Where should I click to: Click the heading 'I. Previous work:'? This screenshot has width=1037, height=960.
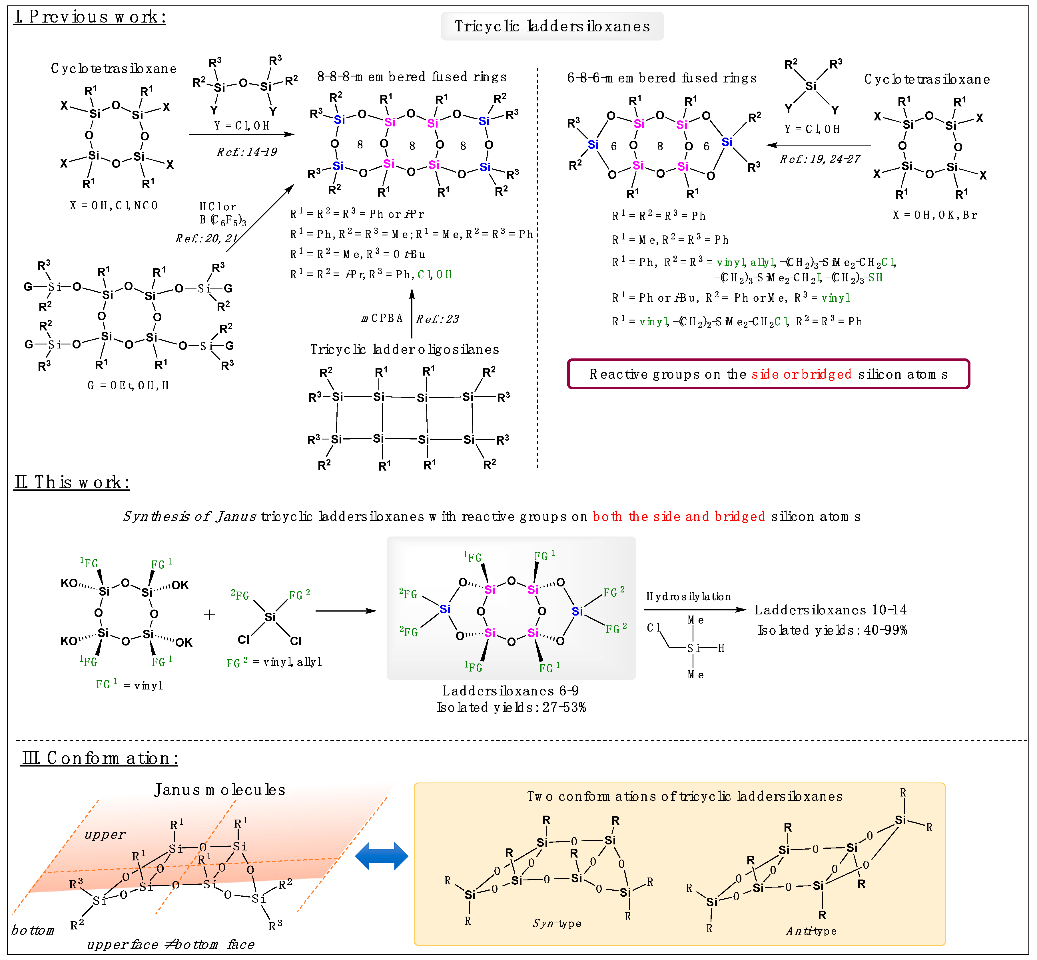pyautogui.click(x=89, y=17)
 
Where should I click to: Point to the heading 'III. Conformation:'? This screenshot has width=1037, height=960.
pyautogui.click(x=100, y=759)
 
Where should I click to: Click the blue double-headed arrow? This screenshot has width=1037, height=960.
pyautogui.click(x=382, y=857)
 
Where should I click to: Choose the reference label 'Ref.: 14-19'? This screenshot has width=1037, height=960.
pyautogui.click(x=247, y=152)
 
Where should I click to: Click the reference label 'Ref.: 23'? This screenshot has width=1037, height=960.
pyautogui.click(x=437, y=319)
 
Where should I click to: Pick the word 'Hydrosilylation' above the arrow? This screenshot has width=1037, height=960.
pyautogui.click(x=688, y=596)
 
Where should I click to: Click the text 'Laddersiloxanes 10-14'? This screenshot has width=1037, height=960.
pyautogui.click(x=830, y=610)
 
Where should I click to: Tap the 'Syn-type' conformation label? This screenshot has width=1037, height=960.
pyautogui.click(x=557, y=923)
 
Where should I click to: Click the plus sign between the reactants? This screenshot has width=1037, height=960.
pyautogui.click(x=209, y=615)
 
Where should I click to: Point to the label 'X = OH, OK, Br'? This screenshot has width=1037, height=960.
pyautogui.click(x=934, y=215)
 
